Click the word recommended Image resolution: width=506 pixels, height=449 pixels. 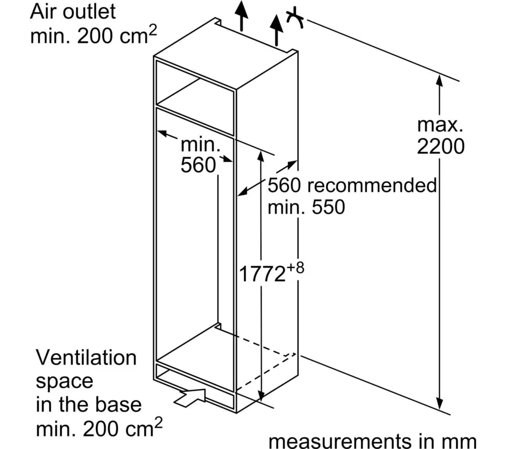click(372, 185)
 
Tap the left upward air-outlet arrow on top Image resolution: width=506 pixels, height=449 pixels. click(242, 15)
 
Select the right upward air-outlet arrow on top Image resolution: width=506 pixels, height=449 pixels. click(276, 28)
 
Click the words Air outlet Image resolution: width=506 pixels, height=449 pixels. click(73, 11)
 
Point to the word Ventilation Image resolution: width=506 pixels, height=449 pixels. click(86, 358)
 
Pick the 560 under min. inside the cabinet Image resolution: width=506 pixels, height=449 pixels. click(198, 166)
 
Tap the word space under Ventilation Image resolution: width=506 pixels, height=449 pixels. click(64, 381)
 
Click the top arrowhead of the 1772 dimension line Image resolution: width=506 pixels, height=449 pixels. click(260, 153)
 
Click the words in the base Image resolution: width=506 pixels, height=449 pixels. click(89, 405)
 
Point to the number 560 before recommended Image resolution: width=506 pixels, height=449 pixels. click(285, 185)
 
